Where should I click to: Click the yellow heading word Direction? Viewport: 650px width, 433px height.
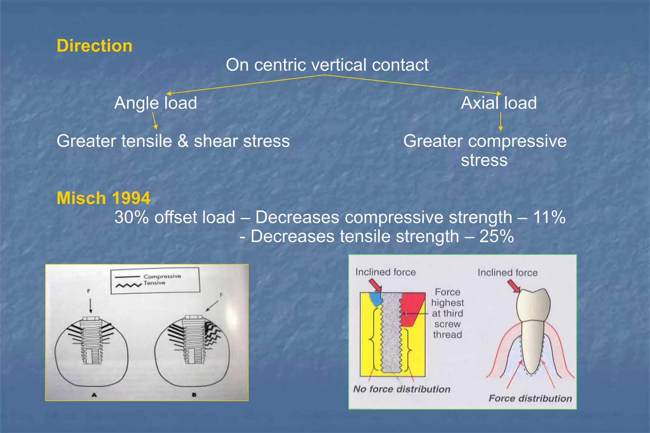[x=94, y=46]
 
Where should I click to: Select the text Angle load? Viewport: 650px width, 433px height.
[x=156, y=103]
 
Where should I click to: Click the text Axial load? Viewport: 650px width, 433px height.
[x=499, y=103]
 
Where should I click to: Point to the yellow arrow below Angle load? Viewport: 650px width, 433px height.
[x=154, y=121]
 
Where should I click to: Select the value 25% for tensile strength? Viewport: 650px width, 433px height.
[x=496, y=236]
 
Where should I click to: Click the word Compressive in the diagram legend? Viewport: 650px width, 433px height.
[x=162, y=276]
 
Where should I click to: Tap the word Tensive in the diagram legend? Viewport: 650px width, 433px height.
[x=154, y=283]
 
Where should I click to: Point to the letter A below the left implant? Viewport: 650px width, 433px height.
[x=94, y=395]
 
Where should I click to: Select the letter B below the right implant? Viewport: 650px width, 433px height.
[x=194, y=395]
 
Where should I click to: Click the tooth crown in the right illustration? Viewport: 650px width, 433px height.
[x=533, y=305]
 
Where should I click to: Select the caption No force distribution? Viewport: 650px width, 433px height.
[x=402, y=389]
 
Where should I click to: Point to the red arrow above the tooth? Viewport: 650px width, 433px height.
[x=514, y=286]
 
